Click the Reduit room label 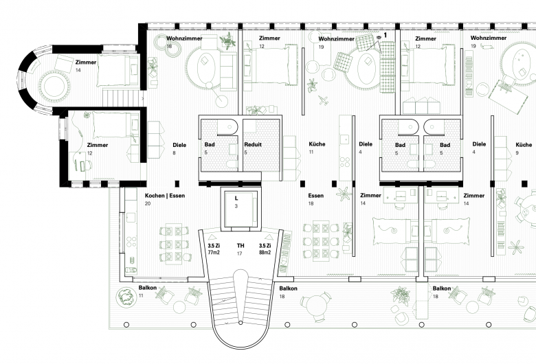(253, 145)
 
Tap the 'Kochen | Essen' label (165, 196)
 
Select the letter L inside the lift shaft (236, 198)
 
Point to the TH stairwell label (241, 245)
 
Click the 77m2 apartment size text (214, 253)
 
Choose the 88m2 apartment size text (265, 253)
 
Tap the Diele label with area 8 (179, 145)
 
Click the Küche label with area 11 (317, 144)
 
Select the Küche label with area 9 (524, 145)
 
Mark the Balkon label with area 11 (147, 288)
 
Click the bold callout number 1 (386, 35)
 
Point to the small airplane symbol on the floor (323, 100)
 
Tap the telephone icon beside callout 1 (379, 36)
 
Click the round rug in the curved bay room (54, 87)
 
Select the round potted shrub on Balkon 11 (124, 297)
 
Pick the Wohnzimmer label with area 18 (184, 38)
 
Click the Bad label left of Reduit (210, 145)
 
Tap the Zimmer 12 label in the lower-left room (98, 145)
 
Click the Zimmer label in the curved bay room (86, 62)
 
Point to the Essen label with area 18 (316, 196)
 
